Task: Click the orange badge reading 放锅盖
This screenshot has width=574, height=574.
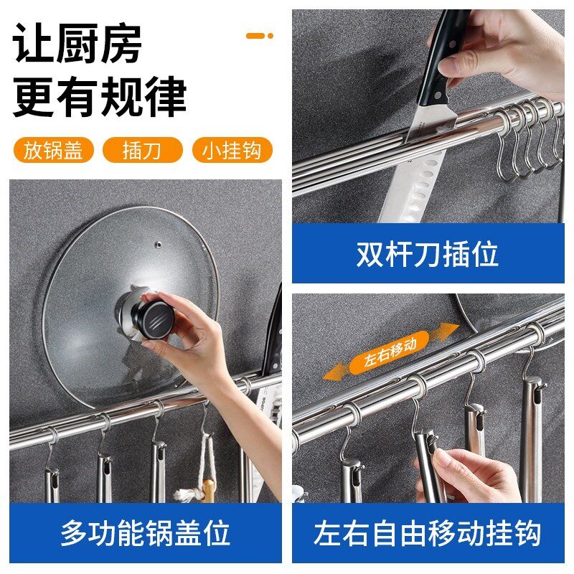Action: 53,150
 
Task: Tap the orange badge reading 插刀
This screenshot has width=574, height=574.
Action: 142,150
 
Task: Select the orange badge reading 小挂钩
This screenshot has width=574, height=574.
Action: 232,150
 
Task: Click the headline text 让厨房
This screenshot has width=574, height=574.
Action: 77,44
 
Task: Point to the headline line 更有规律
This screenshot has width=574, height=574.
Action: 100,97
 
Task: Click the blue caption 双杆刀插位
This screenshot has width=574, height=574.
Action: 428,254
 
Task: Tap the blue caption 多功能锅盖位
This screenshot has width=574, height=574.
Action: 146,532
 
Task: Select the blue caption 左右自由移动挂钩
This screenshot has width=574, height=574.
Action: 428,532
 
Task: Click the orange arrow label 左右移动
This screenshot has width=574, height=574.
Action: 390,352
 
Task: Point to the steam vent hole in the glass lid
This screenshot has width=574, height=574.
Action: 158,244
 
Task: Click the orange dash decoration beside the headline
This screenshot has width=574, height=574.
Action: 260,35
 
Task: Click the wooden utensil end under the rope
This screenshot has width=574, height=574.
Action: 208,490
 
